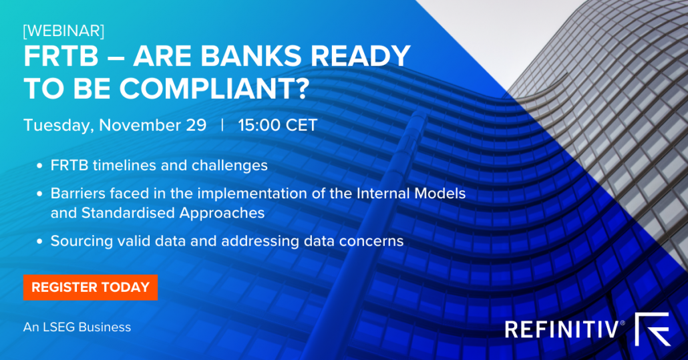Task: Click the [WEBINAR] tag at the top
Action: [x=63, y=31]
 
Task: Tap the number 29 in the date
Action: [x=194, y=126]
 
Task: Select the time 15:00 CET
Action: [x=277, y=126]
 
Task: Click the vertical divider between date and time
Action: [x=222, y=126]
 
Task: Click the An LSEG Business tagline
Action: [x=77, y=327]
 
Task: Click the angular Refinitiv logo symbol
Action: [x=653, y=329]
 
